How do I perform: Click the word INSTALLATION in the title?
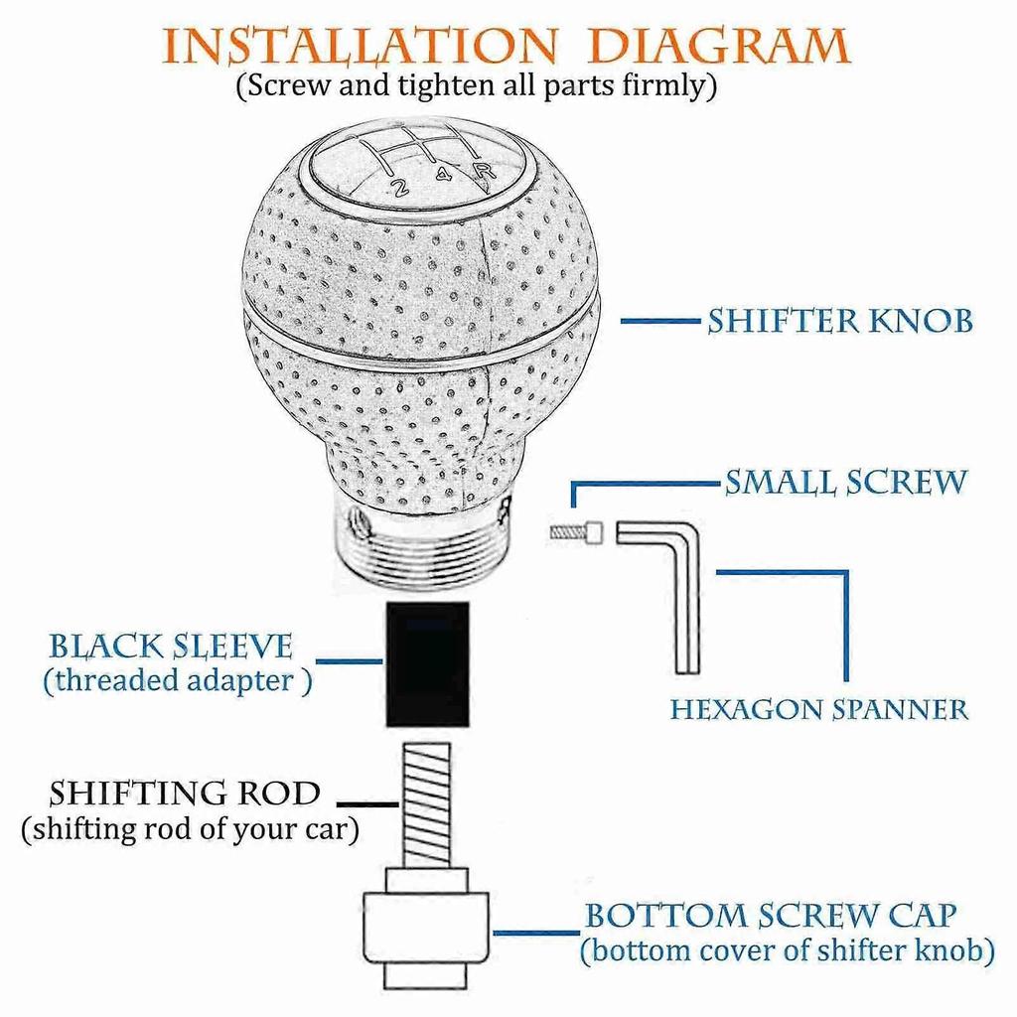(x=359, y=47)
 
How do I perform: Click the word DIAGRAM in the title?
(x=719, y=47)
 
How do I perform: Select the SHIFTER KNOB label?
(x=840, y=321)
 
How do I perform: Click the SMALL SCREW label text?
(x=845, y=483)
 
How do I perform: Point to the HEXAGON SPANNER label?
(x=818, y=709)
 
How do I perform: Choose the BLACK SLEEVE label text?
(x=171, y=647)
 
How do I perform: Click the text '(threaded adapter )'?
(x=178, y=681)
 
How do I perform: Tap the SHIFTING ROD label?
(x=185, y=794)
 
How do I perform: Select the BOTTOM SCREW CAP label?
(x=771, y=916)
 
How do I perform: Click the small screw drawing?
(x=576, y=533)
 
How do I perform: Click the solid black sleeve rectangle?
(x=428, y=664)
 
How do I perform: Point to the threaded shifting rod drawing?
(x=426, y=804)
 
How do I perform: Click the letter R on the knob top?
(x=483, y=172)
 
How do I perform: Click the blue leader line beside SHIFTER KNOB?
(x=660, y=321)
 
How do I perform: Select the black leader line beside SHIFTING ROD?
(x=367, y=804)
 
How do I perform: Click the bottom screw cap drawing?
(x=425, y=930)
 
